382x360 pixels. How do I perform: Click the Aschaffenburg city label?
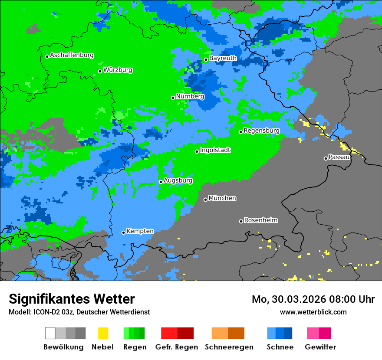[72, 55]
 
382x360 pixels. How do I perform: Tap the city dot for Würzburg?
[100, 71]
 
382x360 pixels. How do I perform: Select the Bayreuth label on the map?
[223, 58]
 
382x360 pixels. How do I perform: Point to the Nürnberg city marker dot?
[173, 98]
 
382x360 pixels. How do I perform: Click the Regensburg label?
[261, 131]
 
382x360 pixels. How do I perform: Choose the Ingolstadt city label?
[215, 150]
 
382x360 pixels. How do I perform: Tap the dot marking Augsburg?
[161, 182]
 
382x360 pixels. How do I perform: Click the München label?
[222, 198]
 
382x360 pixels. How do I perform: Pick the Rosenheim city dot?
[241, 221]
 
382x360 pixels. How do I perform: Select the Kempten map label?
[140, 231]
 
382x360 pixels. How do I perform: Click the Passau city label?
[339, 157]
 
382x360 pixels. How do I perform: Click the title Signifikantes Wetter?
[72, 299]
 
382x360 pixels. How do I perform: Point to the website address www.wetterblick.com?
[313, 312]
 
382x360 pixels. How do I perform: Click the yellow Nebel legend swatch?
[103, 333]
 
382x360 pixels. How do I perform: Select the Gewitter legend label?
[320, 347]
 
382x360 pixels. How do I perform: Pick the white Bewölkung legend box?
[50, 333]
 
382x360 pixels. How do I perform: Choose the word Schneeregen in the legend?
[229, 347]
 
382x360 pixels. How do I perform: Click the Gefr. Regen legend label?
[177, 347]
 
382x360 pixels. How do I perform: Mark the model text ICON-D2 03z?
[53, 312]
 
